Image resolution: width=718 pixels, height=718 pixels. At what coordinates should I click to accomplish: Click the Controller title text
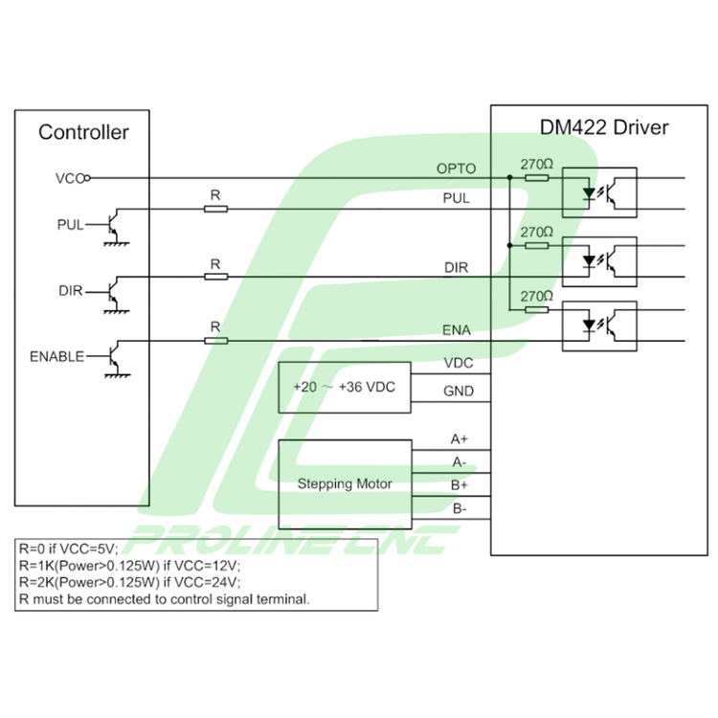(83, 132)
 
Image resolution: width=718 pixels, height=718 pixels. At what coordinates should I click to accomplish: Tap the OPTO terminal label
(457, 168)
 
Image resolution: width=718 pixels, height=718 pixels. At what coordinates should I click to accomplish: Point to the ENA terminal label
(456, 331)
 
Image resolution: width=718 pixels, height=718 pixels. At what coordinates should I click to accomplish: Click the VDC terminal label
(459, 364)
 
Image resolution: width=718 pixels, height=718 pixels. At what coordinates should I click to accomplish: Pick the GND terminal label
(459, 391)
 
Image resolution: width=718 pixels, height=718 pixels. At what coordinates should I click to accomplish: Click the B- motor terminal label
(460, 508)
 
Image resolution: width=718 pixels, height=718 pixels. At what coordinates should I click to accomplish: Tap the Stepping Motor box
(345, 483)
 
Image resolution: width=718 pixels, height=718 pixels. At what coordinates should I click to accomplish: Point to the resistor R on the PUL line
(215, 209)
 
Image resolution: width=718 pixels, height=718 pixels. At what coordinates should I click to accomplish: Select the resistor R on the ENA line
(215, 339)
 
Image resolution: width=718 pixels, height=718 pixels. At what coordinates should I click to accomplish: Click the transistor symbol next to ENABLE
(113, 357)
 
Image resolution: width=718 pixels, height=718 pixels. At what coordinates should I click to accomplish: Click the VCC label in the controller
(71, 177)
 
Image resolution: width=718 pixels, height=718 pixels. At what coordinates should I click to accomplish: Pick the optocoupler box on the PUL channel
(599, 192)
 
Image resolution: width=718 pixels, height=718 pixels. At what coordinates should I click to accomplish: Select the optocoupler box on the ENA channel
(599, 325)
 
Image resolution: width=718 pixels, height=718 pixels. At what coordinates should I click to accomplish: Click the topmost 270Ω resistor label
(537, 164)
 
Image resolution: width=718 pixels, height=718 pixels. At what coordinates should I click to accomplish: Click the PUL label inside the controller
(71, 225)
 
